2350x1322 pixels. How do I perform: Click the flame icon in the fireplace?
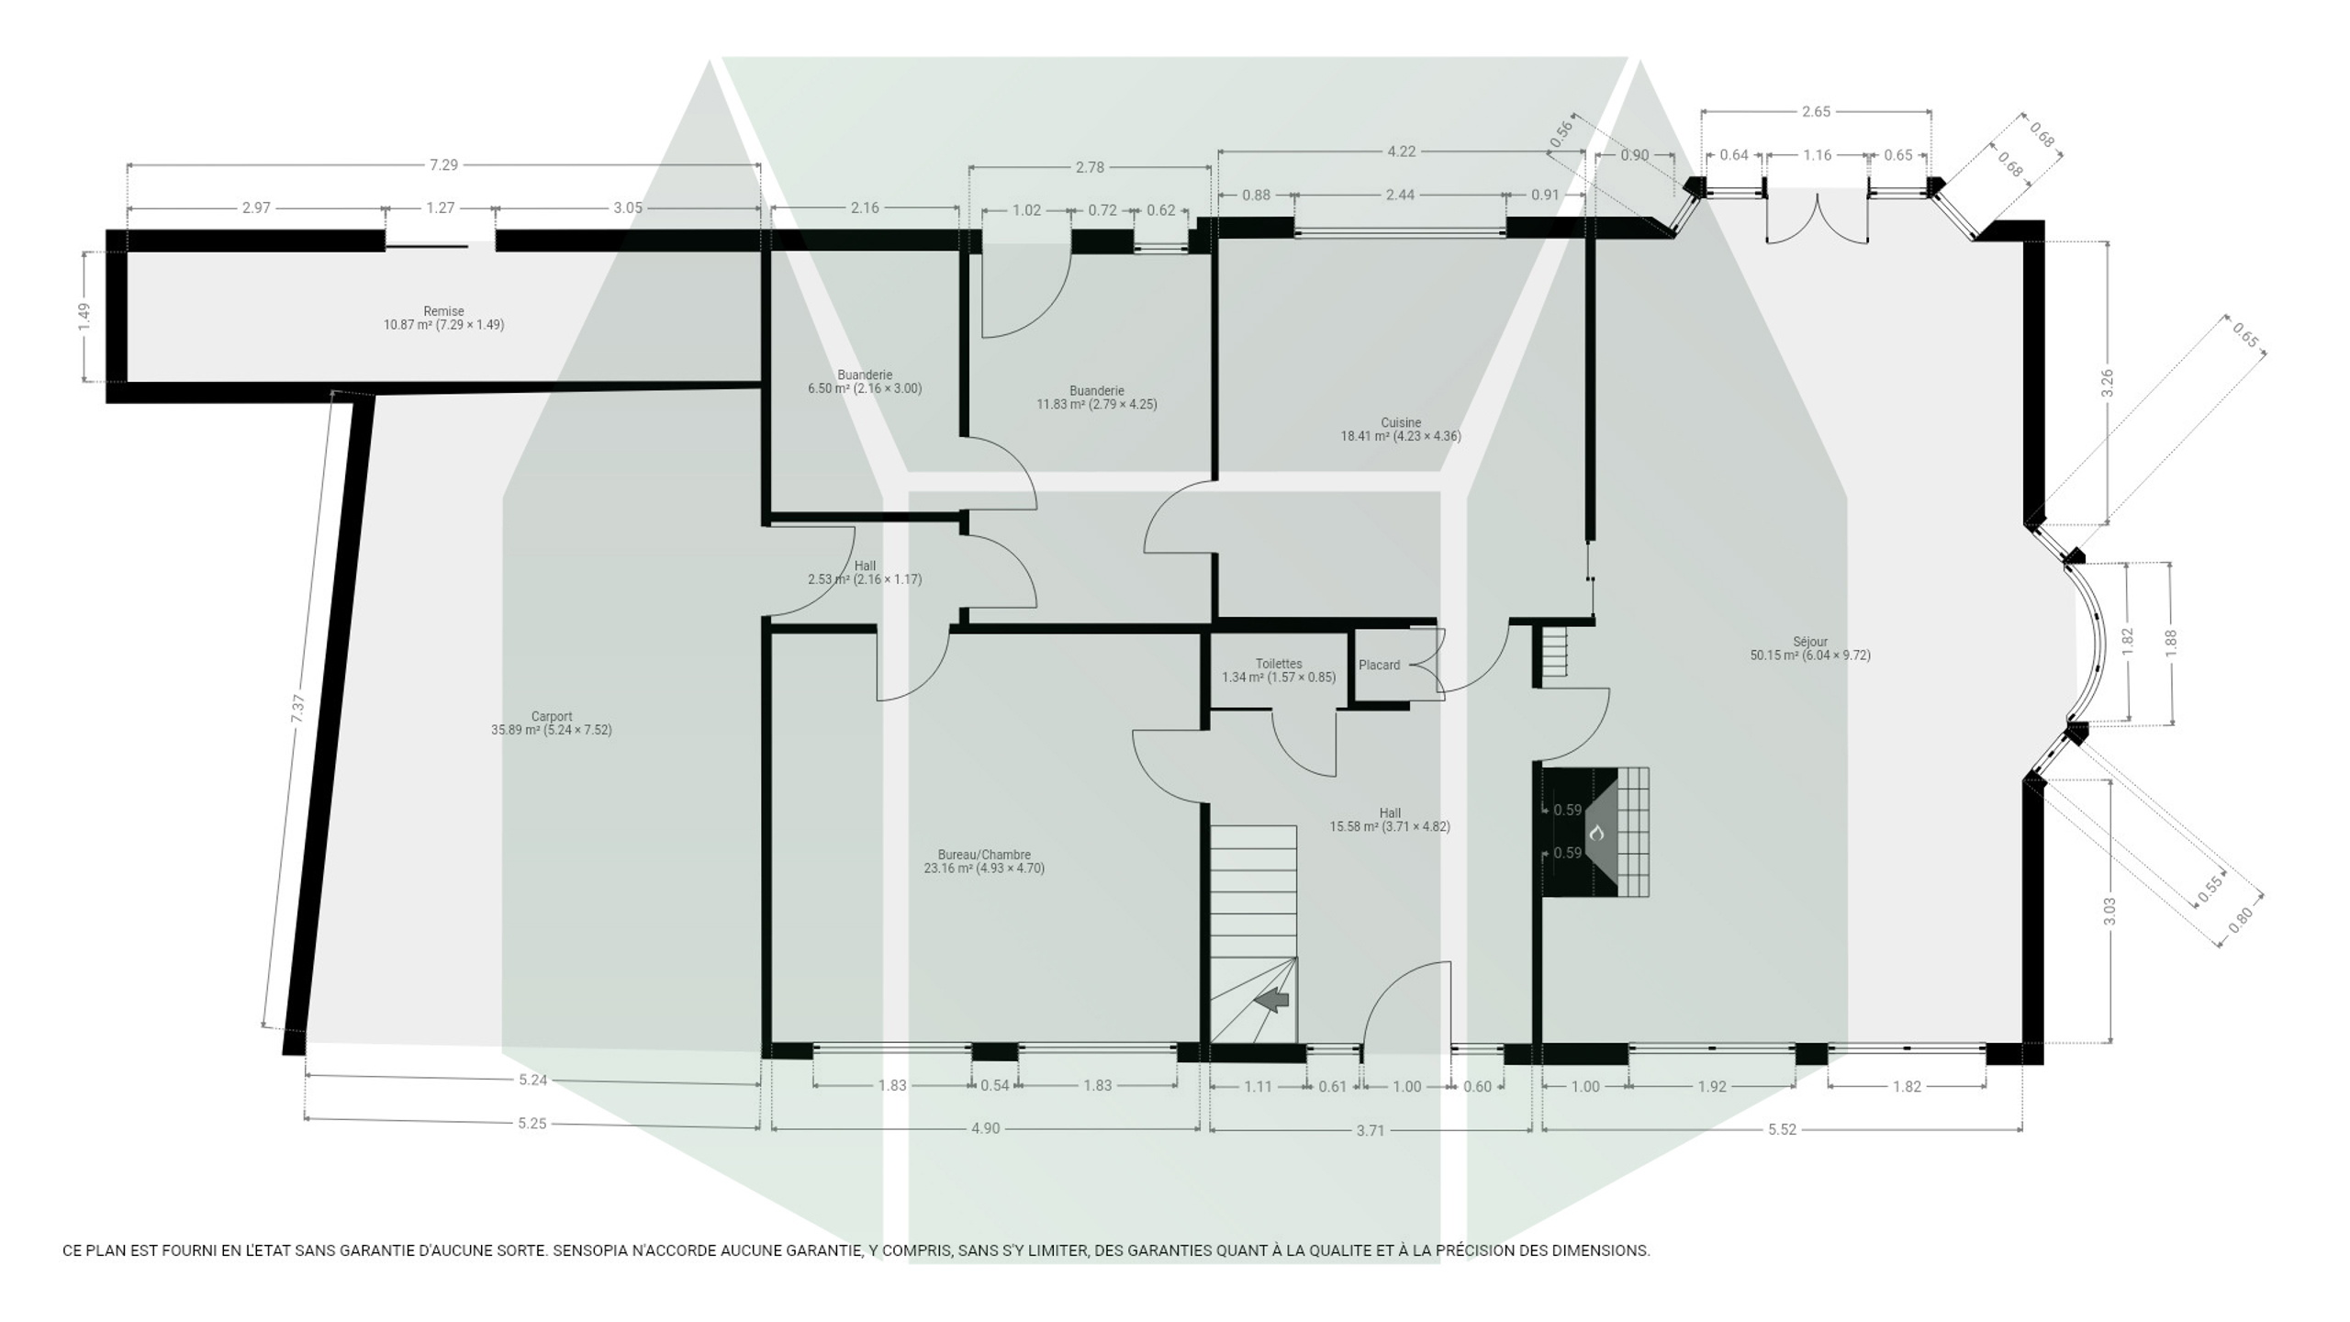[1596, 833]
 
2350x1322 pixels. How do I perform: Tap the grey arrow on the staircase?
[1272, 1000]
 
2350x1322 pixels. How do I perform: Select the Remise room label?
[443, 318]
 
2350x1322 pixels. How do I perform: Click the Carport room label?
[551, 723]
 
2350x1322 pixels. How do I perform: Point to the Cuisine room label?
[1401, 430]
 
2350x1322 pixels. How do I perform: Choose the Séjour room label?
[1810, 648]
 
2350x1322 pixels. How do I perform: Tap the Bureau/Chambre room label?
[984, 861]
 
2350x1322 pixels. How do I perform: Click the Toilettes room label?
[1279, 670]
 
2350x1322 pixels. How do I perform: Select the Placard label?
[1380, 665]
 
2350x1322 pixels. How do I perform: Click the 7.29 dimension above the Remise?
[443, 165]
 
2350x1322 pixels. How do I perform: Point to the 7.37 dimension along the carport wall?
[297, 709]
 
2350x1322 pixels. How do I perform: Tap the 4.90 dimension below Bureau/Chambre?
[985, 1128]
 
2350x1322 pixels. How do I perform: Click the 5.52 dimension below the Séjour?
[1782, 1129]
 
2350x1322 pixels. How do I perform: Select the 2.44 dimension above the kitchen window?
[1400, 195]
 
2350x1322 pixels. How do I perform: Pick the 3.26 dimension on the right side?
[2108, 383]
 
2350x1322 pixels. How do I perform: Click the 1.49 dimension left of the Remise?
[84, 317]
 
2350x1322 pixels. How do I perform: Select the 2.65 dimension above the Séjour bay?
[1816, 112]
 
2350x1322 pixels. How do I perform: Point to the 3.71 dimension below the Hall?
[1371, 1130]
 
